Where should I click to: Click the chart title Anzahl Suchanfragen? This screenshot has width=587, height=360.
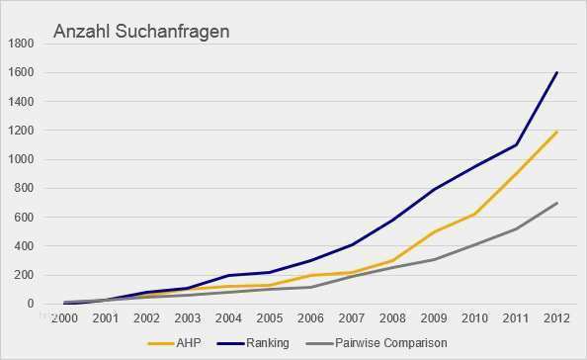[140, 32]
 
